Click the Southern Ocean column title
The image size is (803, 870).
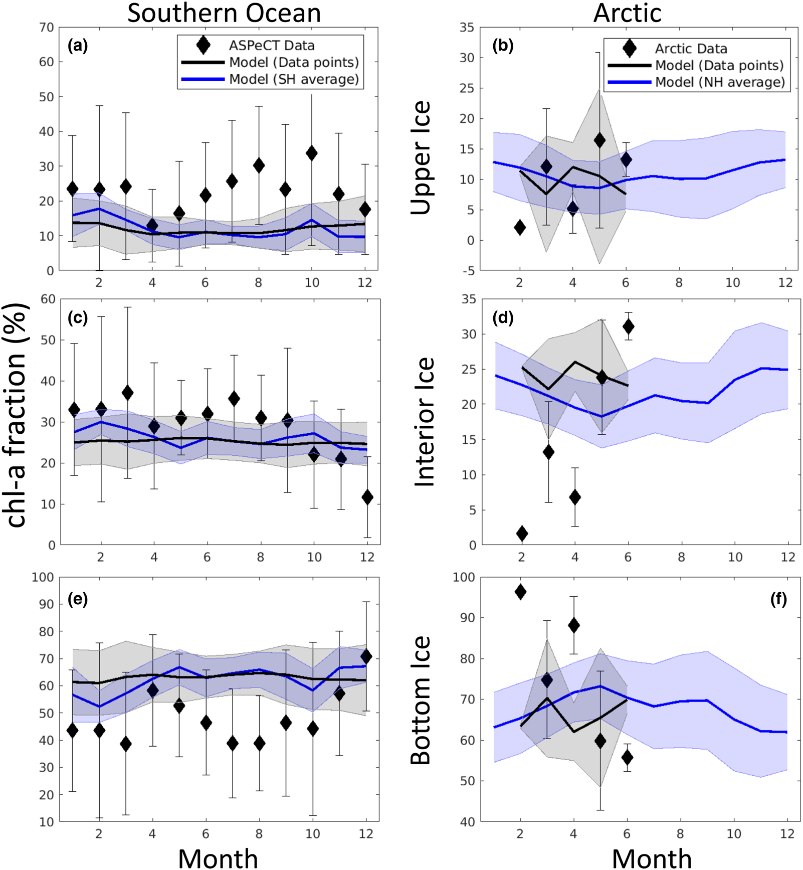coord(224,13)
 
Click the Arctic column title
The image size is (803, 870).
coord(627,13)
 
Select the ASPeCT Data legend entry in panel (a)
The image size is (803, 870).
coord(271,46)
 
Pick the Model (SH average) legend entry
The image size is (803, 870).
coord(294,79)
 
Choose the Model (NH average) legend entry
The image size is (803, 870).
coord(720,82)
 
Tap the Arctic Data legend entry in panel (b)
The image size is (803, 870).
coord(691,49)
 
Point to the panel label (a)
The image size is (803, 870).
coord(78,46)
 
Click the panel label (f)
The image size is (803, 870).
coord(778,599)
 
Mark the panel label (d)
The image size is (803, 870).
coord(503,317)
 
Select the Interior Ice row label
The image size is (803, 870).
coord(424,422)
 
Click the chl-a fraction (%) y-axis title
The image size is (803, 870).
coord(17,415)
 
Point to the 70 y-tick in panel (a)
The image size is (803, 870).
coord(47,28)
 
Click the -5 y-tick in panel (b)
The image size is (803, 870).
coord(468,271)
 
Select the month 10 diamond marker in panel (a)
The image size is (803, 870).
coord(311,153)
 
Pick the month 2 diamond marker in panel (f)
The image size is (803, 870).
coord(520,592)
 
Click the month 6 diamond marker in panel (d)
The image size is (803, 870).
coord(628,327)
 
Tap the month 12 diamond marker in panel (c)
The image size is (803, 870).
coord(367,497)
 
